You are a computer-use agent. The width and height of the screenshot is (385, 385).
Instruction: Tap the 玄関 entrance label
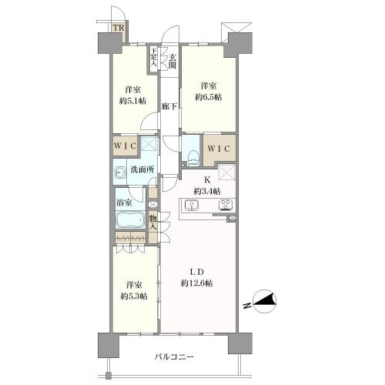click(x=172, y=59)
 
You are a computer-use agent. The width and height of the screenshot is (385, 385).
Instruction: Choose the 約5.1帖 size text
click(x=132, y=99)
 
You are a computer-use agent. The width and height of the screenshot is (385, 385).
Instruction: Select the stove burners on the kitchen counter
click(x=226, y=205)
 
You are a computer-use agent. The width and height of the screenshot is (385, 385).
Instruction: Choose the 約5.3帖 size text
click(x=132, y=295)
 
